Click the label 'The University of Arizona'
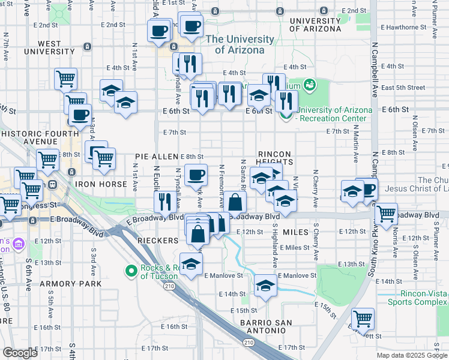pyautogui.click(x=235, y=44)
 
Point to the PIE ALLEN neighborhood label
pyautogui.click(x=156, y=157)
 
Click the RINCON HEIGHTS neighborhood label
pyautogui.click(x=276, y=158)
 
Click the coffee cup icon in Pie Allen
pyautogui.click(x=196, y=175)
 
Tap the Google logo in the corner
pyautogui.click(x=20, y=353)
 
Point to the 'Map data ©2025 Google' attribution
pyautogui.click(x=412, y=355)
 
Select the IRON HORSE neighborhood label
pyautogui.click(x=97, y=183)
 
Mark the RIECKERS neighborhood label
pyautogui.click(x=158, y=241)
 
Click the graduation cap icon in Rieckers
pyautogui.click(x=191, y=264)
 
